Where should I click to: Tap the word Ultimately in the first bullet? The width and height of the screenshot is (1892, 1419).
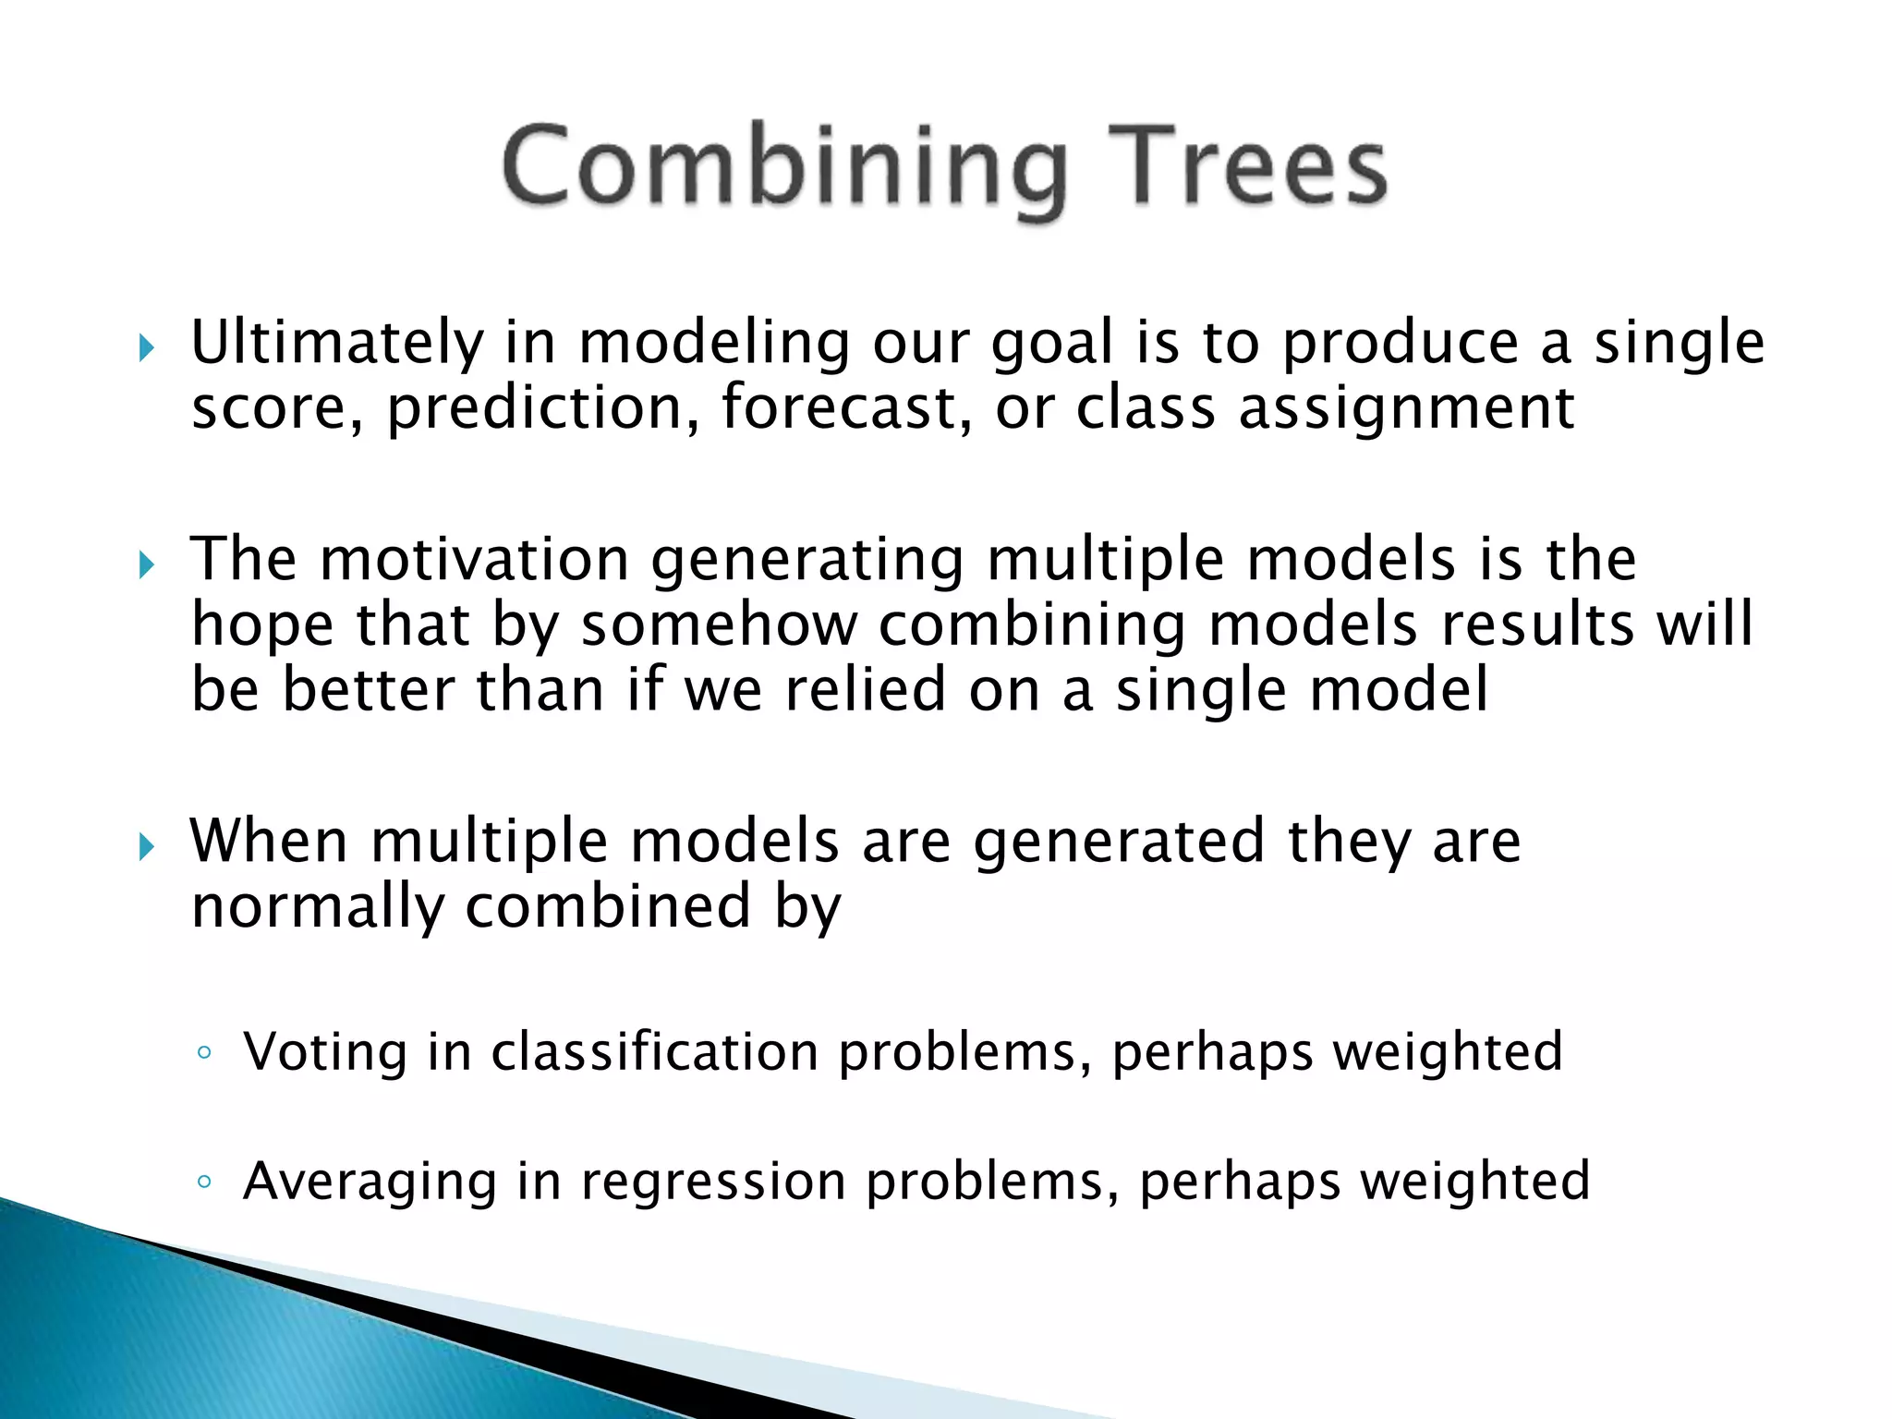(x=336, y=343)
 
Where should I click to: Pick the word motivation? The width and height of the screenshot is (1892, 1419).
(x=474, y=560)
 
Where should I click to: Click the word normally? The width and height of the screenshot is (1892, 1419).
(x=317, y=907)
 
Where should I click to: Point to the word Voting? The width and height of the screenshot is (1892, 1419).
(x=324, y=1052)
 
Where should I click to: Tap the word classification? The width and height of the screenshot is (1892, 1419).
(x=654, y=1052)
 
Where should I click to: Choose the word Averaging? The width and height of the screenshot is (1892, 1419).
(x=370, y=1182)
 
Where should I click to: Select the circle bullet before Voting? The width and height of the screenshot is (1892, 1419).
(x=204, y=1052)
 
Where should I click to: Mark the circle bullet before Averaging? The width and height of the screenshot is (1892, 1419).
(x=204, y=1182)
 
